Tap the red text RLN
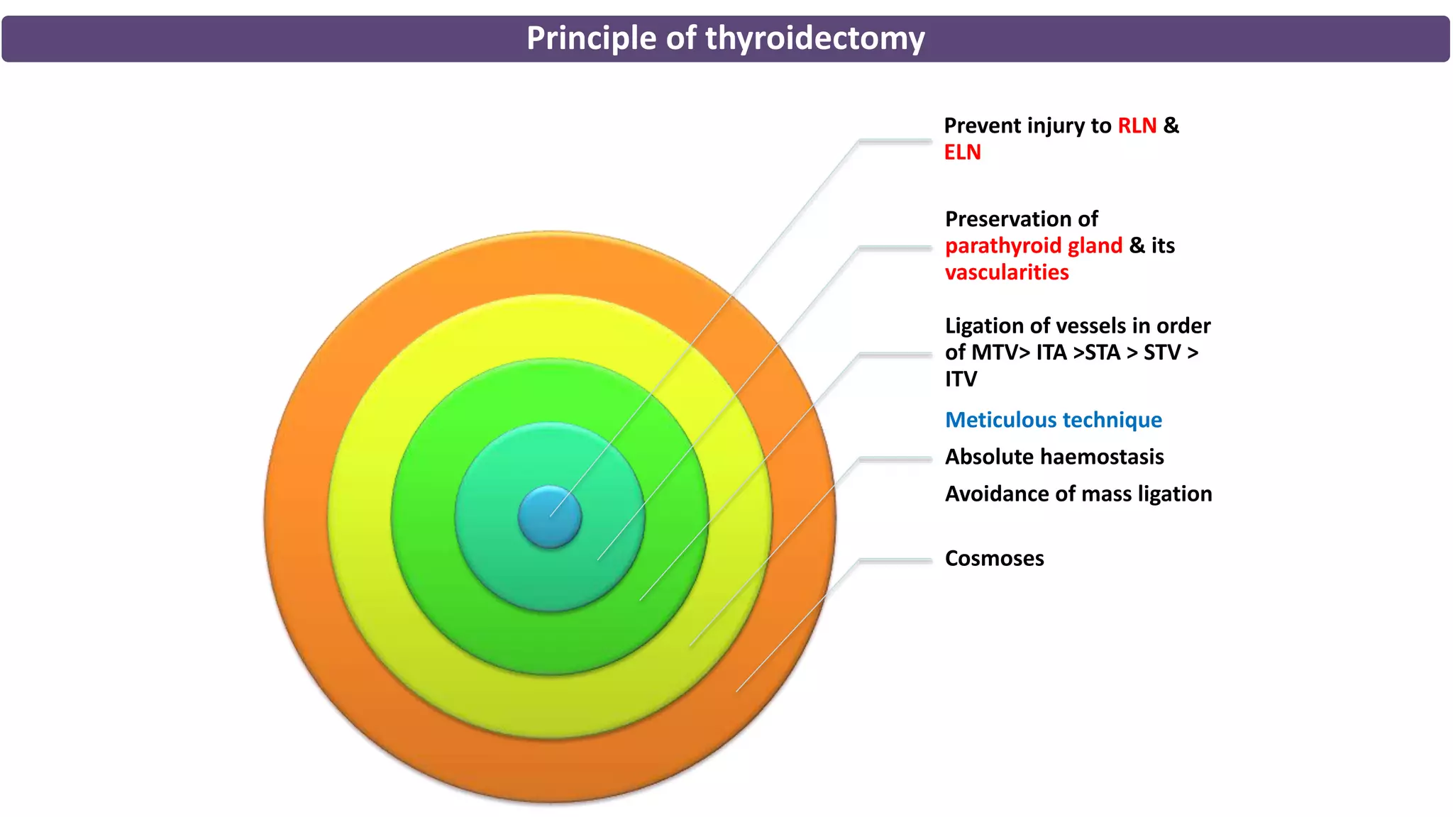(x=1137, y=126)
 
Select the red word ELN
(x=962, y=152)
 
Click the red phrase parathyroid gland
(x=1033, y=245)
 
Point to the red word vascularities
(x=1006, y=272)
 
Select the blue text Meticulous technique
(x=1053, y=420)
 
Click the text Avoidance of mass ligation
(x=1078, y=494)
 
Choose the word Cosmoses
(x=994, y=558)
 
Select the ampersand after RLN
(x=1171, y=126)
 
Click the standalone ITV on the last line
(x=961, y=379)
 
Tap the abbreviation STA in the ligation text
(x=1103, y=352)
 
